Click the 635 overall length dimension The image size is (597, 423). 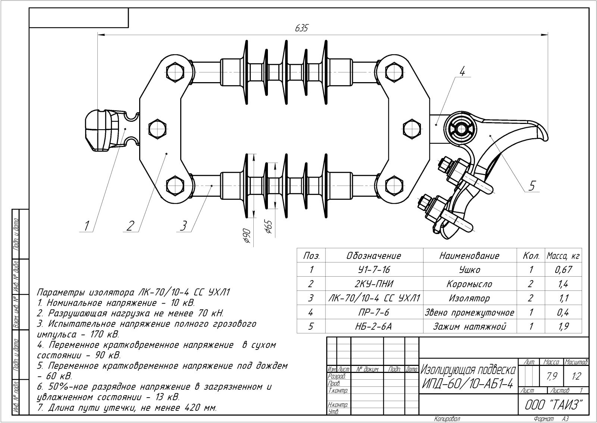point(301,28)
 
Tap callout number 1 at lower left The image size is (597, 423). point(86,226)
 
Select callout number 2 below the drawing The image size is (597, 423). point(130,226)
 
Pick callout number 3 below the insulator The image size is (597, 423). point(184,226)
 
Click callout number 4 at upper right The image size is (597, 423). point(462,71)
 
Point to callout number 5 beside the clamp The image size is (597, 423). point(532,186)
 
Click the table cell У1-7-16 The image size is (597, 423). point(374,270)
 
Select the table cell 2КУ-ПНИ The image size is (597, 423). point(374,284)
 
